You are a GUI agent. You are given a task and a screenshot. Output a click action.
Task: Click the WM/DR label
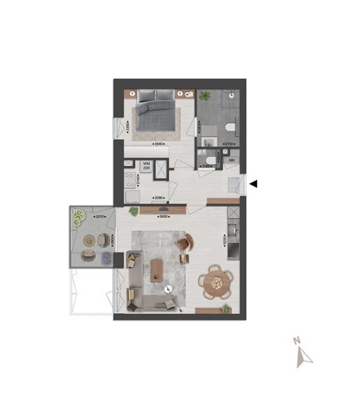pos(147,166)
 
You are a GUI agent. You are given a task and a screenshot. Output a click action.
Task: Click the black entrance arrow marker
pos(253,184)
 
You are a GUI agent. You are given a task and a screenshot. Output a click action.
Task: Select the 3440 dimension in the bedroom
pos(159,145)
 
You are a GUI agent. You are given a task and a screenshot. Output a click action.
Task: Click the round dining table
pos(216,281)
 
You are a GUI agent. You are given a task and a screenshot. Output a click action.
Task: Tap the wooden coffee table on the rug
pos(157,269)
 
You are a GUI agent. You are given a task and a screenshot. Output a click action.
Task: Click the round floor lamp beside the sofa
pos(168,290)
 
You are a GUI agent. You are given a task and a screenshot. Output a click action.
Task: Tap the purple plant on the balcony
pos(107,258)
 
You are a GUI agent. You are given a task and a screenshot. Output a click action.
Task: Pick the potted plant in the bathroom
pos(205,96)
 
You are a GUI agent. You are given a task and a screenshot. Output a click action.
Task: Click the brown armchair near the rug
pos(184,242)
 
